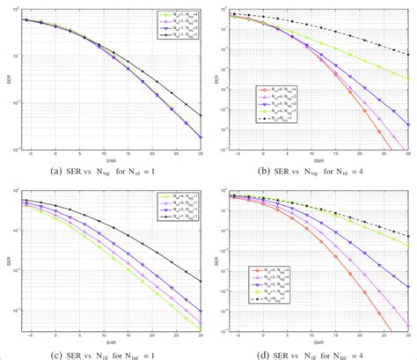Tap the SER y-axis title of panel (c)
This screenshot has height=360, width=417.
13,261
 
